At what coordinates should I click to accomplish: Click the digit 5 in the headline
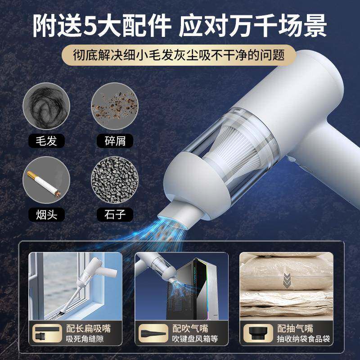(x=89, y=26)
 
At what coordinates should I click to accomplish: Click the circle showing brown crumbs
(x=115, y=105)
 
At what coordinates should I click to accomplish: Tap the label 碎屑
(x=115, y=141)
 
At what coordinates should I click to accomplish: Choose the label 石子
(x=115, y=213)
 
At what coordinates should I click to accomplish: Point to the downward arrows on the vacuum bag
(x=286, y=282)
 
